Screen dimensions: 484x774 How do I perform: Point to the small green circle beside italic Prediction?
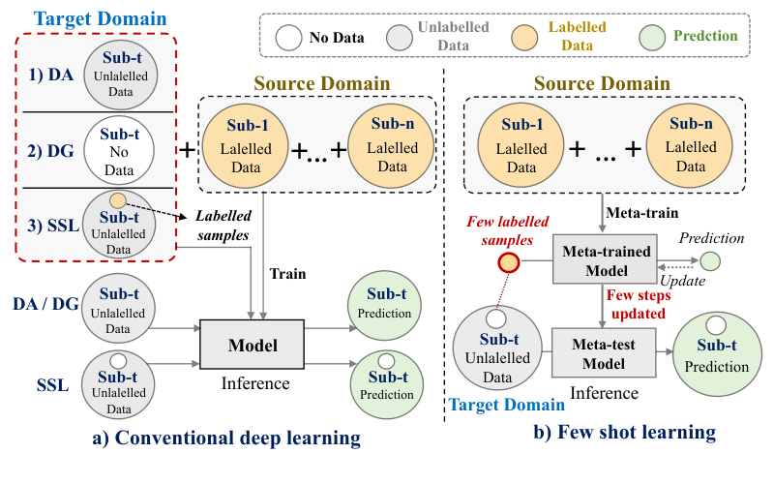(x=711, y=260)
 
